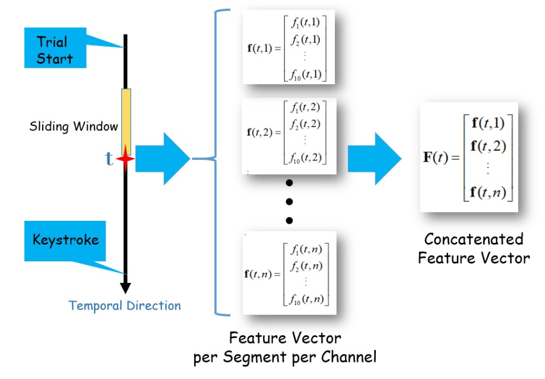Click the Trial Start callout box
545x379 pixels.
point(55,50)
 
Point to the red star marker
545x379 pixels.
point(125,160)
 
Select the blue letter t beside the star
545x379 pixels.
point(109,159)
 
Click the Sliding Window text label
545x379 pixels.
point(73,126)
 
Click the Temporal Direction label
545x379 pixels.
point(125,306)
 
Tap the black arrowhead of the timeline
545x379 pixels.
point(126,287)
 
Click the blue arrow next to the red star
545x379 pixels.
point(162,159)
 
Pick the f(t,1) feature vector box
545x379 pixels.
point(288,47)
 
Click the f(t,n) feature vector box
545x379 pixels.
point(289,273)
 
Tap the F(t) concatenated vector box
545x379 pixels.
point(469,157)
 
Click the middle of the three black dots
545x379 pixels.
point(289,201)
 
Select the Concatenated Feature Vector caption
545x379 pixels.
point(474,248)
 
